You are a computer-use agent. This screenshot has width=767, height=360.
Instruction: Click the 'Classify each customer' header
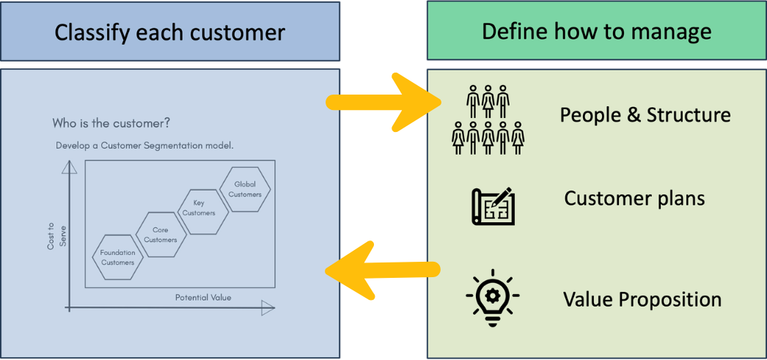[169, 32]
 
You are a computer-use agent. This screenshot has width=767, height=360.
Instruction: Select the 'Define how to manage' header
[596, 32]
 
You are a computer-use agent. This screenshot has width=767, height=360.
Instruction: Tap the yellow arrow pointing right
[384, 102]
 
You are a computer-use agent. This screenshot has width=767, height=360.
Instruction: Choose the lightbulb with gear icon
[493, 297]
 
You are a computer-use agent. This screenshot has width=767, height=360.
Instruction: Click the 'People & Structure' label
[645, 115]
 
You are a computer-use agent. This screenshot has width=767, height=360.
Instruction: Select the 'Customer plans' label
[634, 199]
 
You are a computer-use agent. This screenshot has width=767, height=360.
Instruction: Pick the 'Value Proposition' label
[642, 300]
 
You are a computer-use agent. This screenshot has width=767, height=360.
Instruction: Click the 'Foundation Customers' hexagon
[117, 257]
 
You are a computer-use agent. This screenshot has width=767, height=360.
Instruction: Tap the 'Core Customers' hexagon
[161, 235]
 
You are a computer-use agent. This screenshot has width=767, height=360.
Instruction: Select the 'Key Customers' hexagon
[199, 208]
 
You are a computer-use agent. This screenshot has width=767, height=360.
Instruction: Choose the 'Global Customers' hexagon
[245, 189]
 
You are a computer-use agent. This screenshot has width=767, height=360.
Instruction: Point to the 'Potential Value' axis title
[203, 297]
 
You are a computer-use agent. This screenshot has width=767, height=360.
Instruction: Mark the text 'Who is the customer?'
[111, 123]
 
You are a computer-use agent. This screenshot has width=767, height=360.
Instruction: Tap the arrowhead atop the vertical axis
[70, 168]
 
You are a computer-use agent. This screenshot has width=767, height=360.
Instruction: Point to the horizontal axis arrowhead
[268, 309]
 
